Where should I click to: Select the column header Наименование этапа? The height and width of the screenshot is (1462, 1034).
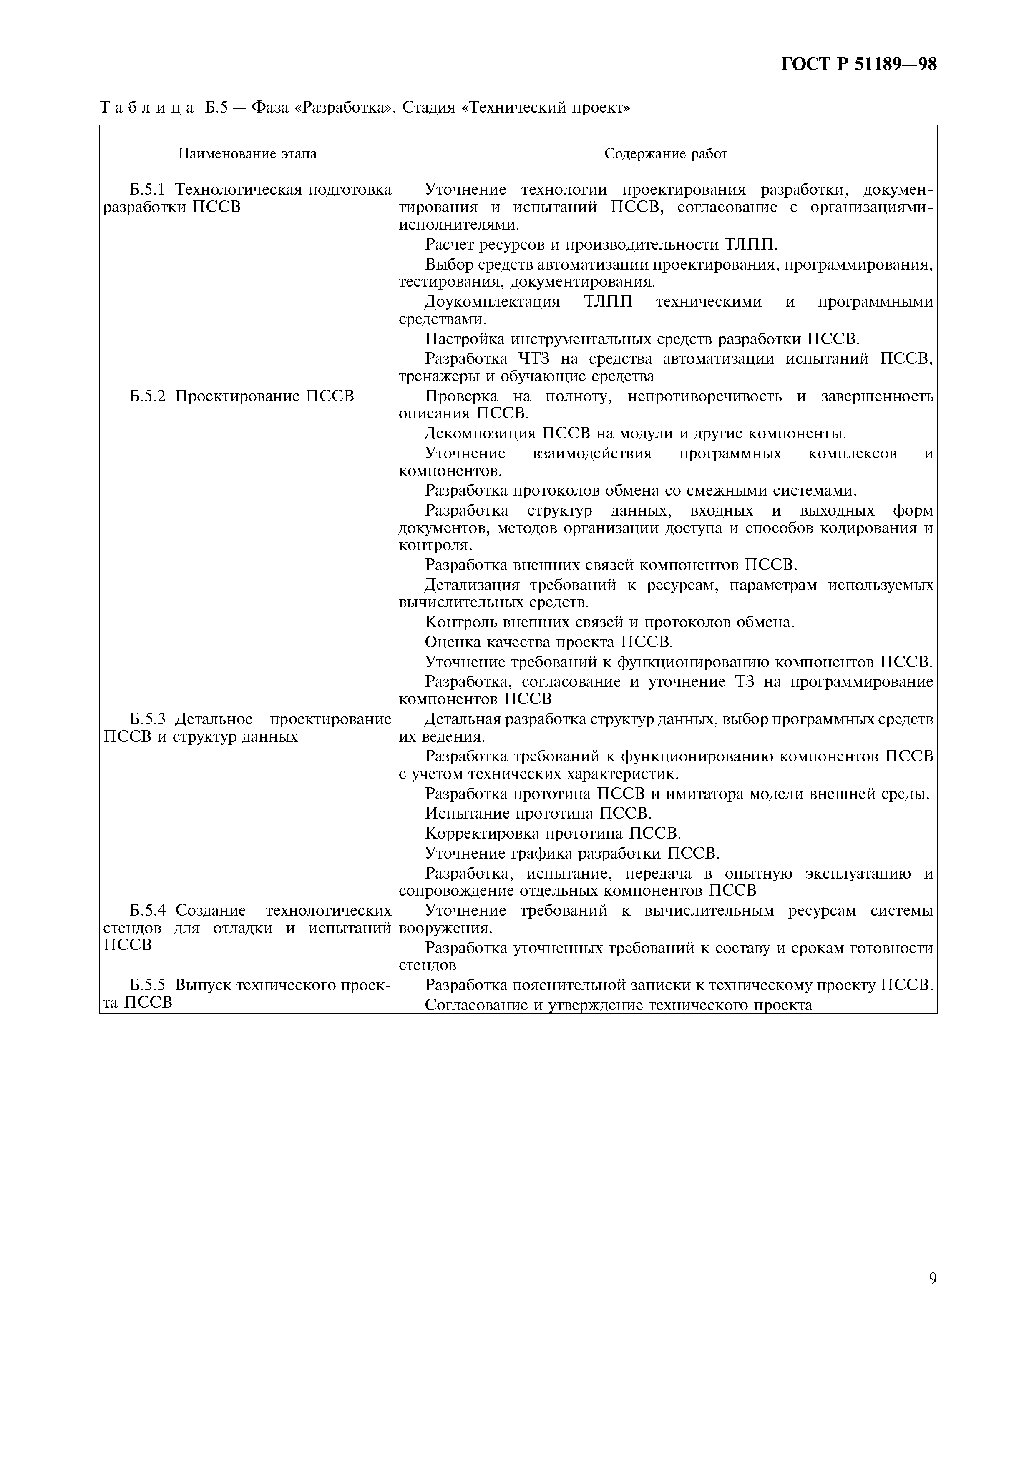click(x=247, y=153)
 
